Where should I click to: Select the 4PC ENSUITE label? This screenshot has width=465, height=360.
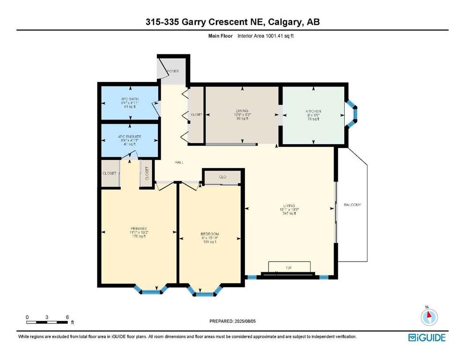pyautogui.click(x=129, y=137)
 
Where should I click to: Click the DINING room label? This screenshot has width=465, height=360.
pyautogui.click(x=242, y=111)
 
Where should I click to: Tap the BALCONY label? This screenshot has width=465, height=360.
pyautogui.click(x=353, y=205)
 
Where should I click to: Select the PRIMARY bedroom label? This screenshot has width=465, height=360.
pyautogui.click(x=139, y=228)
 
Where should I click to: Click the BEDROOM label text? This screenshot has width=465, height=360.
pyautogui.click(x=209, y=234)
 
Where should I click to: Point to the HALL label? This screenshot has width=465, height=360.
pyautogui.click(x=179, y=162)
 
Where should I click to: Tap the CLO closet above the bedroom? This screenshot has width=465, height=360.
pyautogui.click(x=222, y=177)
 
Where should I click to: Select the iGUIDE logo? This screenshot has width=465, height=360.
pyautogui.click(x=427, y=337)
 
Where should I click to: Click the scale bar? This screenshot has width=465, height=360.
pyautogui.click(x=47, y=322)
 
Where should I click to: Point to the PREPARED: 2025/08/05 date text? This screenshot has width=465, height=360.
pyautogui.click(x=233, y=321)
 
